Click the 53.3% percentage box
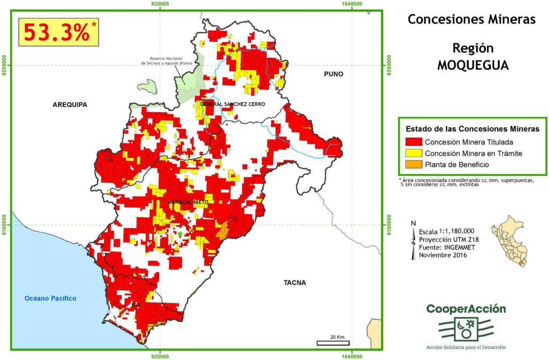click(x=59, y=33)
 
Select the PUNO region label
click(x=332, y=74)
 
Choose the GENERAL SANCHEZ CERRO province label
click(x=232, y=104)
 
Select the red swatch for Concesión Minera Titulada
click(x=413, y=142)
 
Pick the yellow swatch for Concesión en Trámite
click(x=413, y=154)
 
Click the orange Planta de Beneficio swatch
click(x=413, y=164)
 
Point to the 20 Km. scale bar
click(x=333, y=341)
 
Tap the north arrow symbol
click(x=413, y=241)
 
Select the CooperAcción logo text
click(x=466, y=309)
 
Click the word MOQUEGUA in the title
click(x=472, y=65)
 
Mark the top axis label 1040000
click(x=352, y=4)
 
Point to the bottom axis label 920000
click(x=160, y=355)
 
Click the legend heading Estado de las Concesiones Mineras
click(x=472, y=129)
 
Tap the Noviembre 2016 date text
click(x=443, y=255)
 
